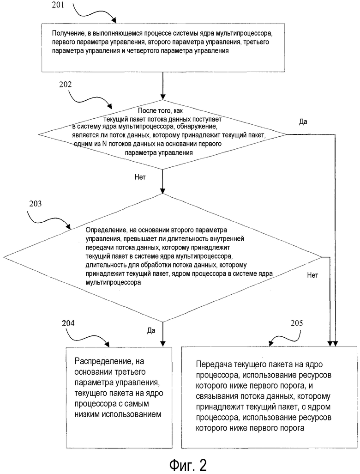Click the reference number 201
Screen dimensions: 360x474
pos(58,5)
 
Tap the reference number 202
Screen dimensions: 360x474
pos(65,85)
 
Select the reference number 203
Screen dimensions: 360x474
pos(36,204)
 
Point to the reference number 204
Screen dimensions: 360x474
pos(68,323)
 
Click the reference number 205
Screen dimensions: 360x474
pos(297,323)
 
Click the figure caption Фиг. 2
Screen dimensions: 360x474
pos(188,465)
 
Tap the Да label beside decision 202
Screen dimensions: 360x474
pos(303,122)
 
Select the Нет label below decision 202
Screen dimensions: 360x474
pos(140,177)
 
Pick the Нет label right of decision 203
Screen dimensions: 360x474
pos(312,275)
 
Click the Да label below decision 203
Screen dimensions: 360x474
pos(151,330)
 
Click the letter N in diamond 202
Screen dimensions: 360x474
pos(104,144)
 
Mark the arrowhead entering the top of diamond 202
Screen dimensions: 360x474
pos(163,97)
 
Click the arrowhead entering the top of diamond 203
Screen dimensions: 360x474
pos(163,191)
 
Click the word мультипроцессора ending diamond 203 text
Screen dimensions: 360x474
pos(113,283)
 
